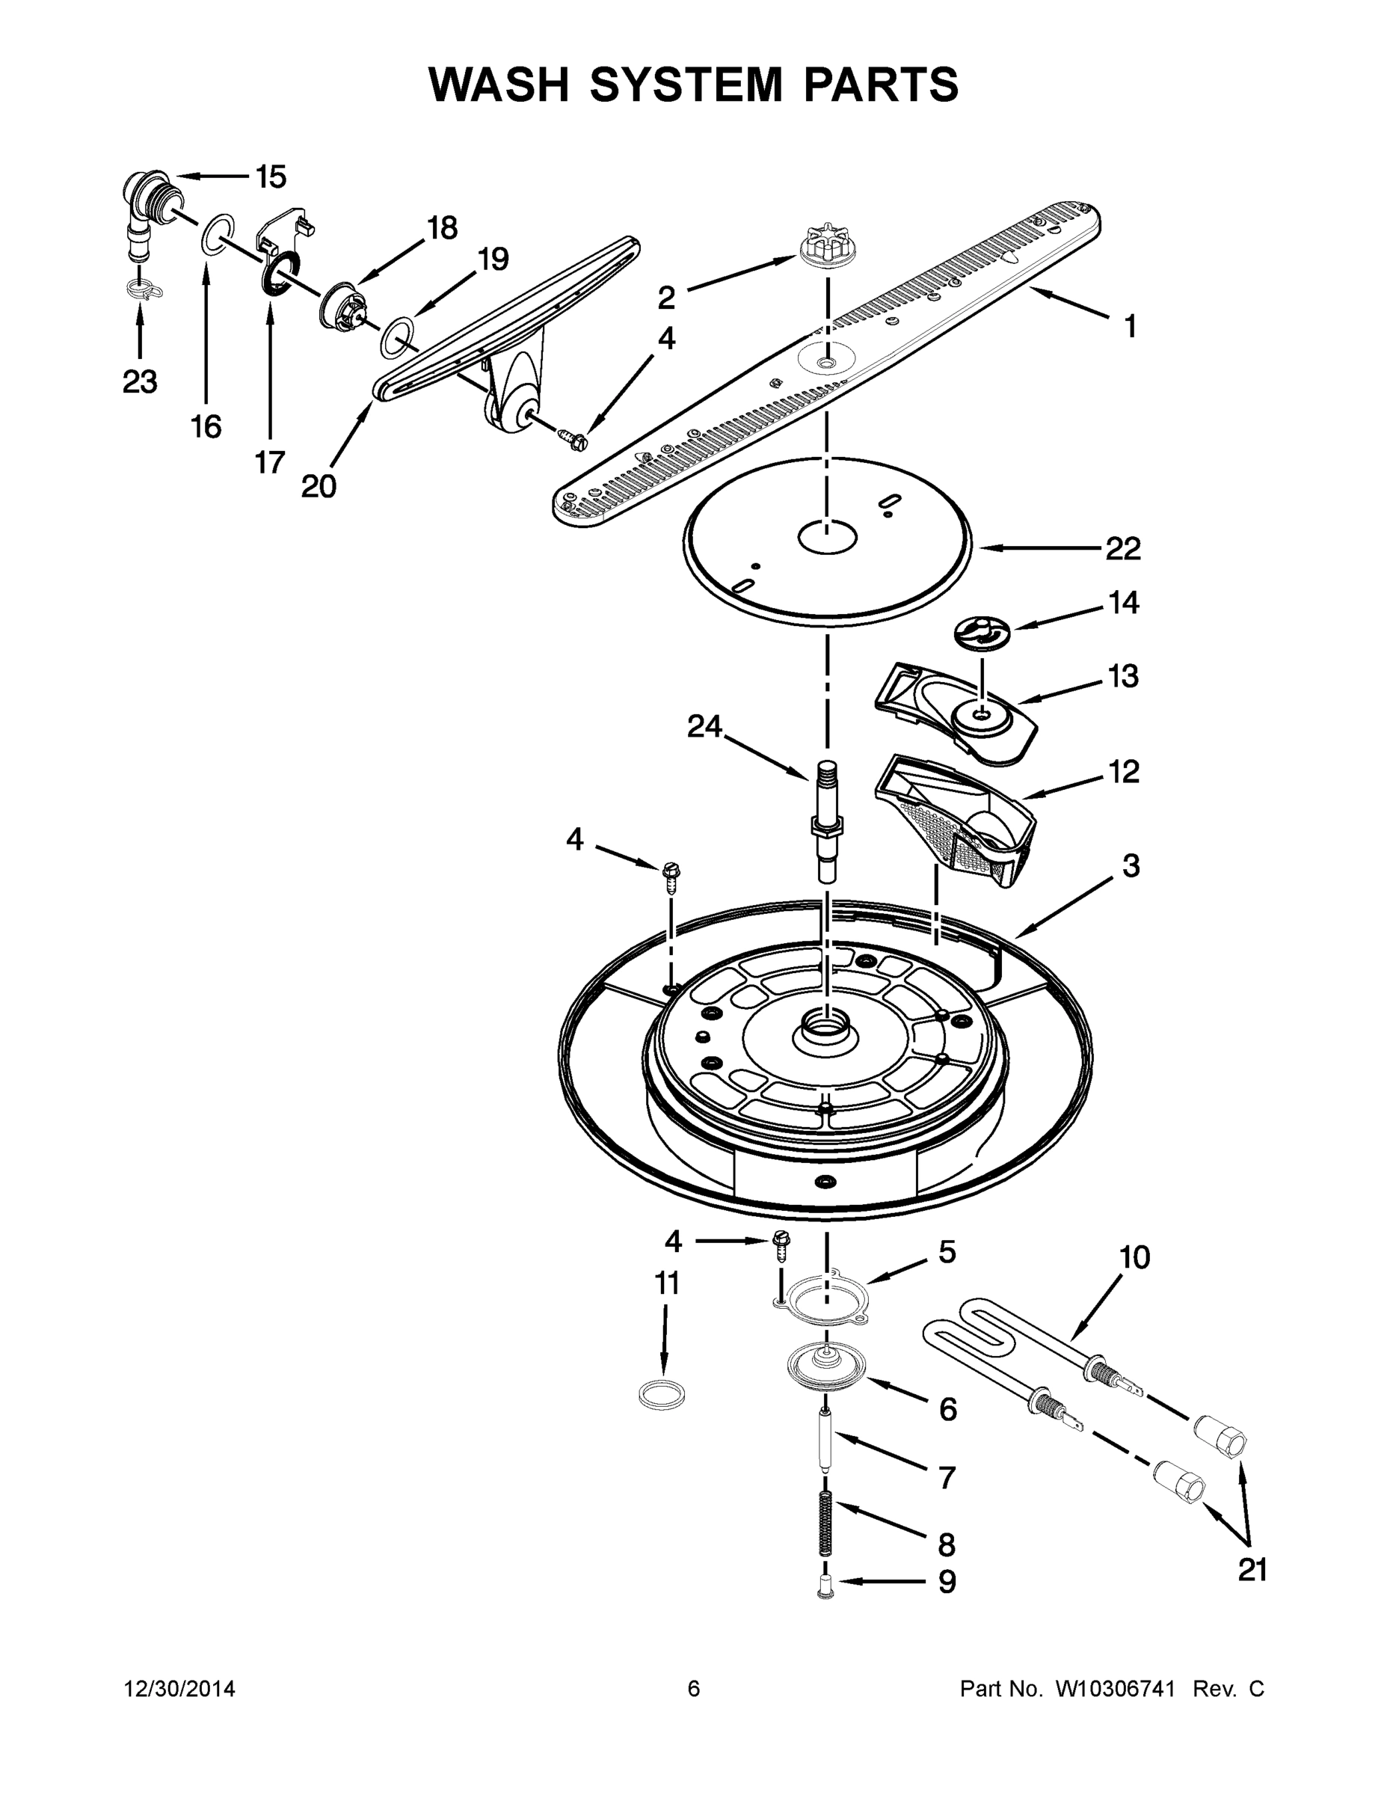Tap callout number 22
coord(1122,549)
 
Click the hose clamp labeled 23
coord(143,289)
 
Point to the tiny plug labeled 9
coord(825,1593)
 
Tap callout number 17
coord(268,463)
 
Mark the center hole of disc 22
coord(828,538)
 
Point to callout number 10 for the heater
coord(1134,1257)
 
